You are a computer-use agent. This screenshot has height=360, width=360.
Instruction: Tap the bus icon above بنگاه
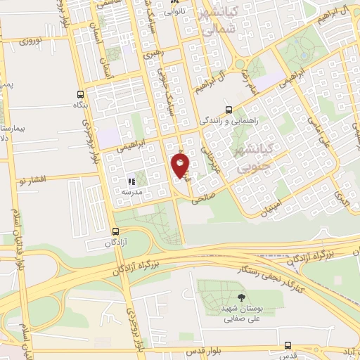[79, 94]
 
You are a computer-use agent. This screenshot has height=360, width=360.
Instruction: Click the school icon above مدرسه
[131, 181]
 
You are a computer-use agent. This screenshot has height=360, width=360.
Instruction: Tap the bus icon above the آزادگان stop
[115, 231]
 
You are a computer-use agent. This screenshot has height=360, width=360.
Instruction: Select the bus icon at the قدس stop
[288, 345]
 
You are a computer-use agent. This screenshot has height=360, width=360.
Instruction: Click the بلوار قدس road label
[207, 349]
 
